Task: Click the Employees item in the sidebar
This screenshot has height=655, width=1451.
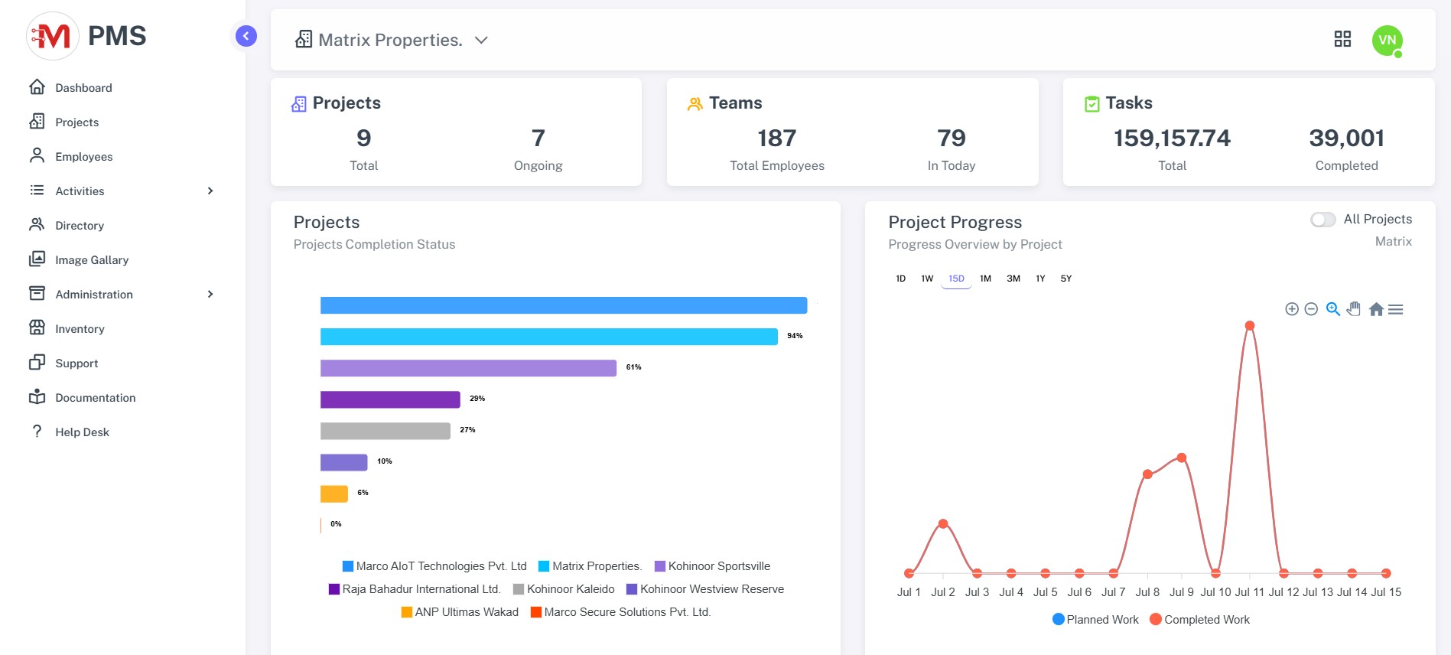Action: [83, 157]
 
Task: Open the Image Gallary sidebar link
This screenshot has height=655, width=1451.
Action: [91, 260]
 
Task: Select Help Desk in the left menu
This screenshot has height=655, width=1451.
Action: [82, 432]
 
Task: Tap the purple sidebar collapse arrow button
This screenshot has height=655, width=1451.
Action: [246, 36]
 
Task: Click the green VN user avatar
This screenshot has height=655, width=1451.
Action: [1387, 41]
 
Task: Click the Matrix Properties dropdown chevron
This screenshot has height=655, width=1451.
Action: [481, 41]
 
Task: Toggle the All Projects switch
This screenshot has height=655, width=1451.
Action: [1322, 220]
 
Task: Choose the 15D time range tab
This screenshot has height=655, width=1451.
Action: [956, 279]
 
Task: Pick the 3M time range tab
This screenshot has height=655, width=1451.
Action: [1013, 279]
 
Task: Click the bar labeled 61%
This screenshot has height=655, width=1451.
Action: [468, 368]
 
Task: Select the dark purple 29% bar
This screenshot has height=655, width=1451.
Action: [390, 399]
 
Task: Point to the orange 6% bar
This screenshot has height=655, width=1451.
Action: [334, 494]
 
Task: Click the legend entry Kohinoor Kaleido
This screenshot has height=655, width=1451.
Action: [570, 589]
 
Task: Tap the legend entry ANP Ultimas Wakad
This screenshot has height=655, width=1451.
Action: [466, 612]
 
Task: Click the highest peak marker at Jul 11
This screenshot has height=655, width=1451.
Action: [1250, 326]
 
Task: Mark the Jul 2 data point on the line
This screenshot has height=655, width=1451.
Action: [943, 524]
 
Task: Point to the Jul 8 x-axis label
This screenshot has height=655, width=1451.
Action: [1147, 592]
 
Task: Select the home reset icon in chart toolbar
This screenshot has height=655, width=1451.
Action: [1376, 309]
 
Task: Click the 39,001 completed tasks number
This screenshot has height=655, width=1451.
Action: [1346, 138]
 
